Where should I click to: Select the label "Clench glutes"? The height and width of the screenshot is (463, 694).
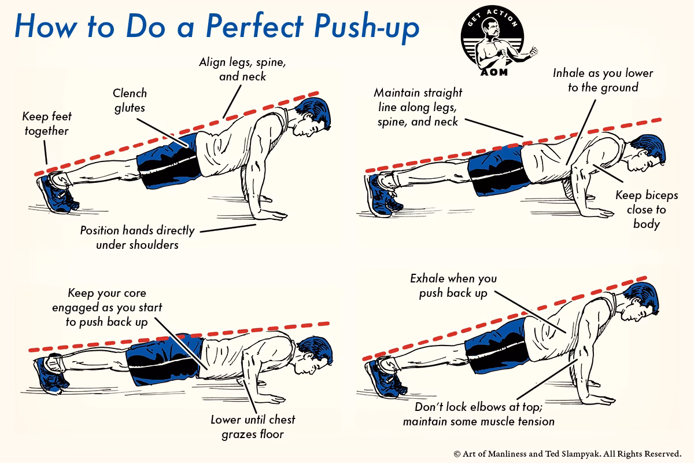click(130, 100)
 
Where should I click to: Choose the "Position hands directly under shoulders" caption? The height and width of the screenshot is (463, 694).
click(138, 237)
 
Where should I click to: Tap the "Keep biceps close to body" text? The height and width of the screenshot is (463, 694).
click(647, 209)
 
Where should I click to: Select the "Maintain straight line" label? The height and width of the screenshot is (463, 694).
click(418, 106)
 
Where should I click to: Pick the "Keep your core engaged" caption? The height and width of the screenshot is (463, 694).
click(108, 307)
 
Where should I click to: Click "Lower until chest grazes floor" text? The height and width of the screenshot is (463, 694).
click(253, 426)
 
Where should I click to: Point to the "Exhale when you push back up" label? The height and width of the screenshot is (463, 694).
click(453, 286)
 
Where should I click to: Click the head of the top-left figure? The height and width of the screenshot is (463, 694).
click(312, 119)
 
